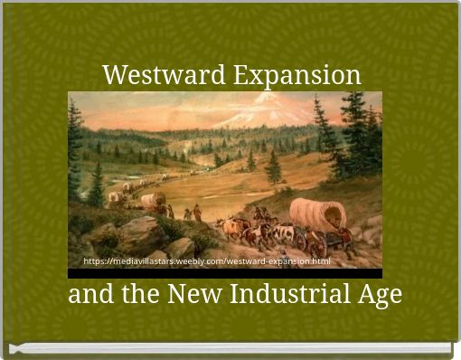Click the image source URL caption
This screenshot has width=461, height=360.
tap(206, 261)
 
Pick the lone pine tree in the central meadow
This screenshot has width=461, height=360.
tap(273, 167)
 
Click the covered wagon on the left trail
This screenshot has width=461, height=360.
tap(153, 200)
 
